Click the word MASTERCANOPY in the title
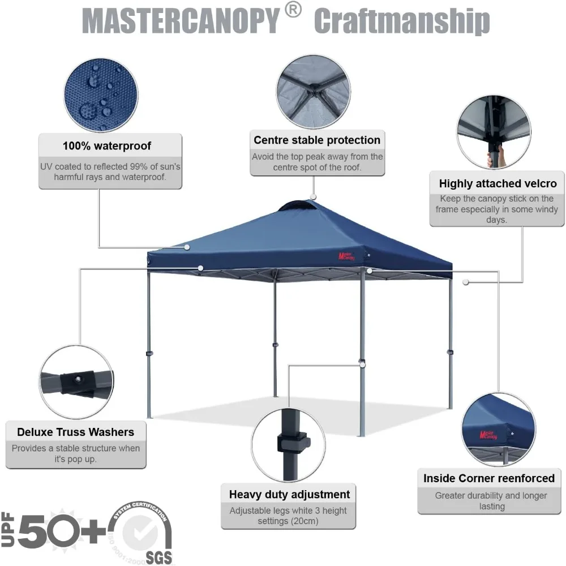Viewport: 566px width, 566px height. (181, 22)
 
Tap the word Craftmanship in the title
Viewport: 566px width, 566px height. (402, 22)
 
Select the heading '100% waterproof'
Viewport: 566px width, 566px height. (107, 145)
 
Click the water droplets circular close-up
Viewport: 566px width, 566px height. (101, 95)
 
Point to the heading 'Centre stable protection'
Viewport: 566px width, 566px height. (317, 140)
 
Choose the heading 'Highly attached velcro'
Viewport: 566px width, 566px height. (498, 183)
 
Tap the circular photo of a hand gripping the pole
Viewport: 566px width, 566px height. (494, 132)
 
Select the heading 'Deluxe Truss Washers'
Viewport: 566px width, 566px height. (75, 432)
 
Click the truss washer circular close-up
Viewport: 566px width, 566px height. (76, 381)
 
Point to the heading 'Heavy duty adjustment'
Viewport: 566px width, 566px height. (289, 494)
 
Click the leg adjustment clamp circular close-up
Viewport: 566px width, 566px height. (288, 444)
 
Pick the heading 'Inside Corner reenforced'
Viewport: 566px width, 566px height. (489, 478)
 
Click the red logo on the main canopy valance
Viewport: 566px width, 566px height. (347, 255)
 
